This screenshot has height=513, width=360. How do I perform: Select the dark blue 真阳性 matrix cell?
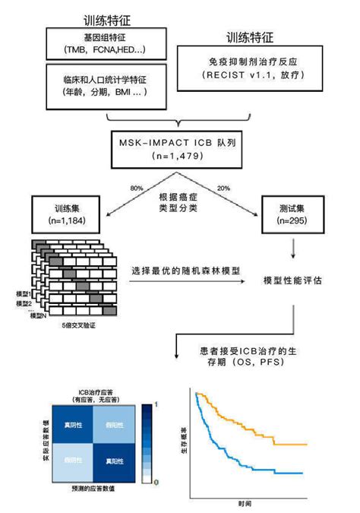pyautogui.click(x=115, y=461)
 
